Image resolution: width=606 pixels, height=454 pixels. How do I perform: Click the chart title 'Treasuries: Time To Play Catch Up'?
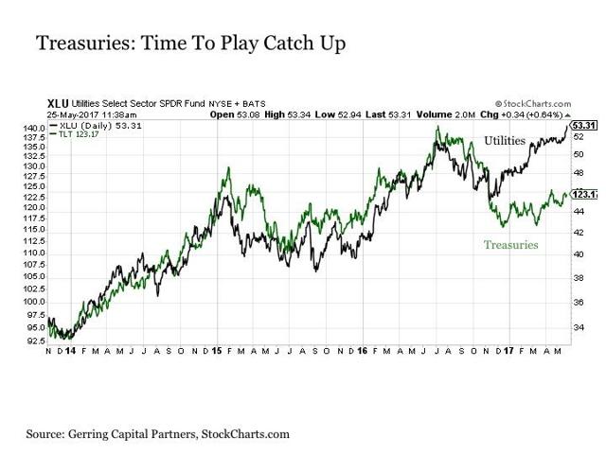pyautogui.click(x=188, y=44)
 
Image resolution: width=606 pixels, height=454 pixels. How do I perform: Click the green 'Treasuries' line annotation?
pyautogui.click(x=510, y=244)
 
